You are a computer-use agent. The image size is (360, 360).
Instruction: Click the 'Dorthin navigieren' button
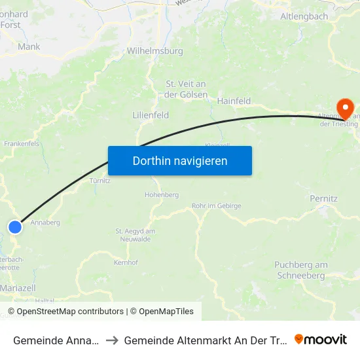pyautogui.click(x=180, y=160)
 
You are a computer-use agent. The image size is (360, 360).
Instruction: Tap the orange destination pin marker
pyautogui.click(x=344, y=107)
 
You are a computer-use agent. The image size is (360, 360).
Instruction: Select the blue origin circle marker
pyautogui.click(x=15, y=226)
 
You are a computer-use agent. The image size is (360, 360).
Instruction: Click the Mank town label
pyautogui.click(x=29, y=47)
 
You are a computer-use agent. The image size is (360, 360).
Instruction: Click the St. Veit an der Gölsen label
pyautogui.click(x=187, y=89)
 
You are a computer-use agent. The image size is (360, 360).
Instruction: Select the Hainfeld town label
pyautogui.click(x=234, y=101)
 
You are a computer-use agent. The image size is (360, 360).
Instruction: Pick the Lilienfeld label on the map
pyautogui.click(x=151, y=115)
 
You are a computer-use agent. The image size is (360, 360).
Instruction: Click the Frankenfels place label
pyautogui.click(x=22, y=143)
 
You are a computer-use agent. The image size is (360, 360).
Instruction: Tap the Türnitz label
pyautogui.click(x=100, y=181)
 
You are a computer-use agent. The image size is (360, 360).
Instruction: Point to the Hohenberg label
pyautogui.click(x=162, y=194)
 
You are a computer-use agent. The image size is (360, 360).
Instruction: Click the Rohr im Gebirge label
pyautogui.click(x=217, y=206)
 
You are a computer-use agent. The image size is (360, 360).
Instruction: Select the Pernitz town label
pyautogui.click(x=323, y=198)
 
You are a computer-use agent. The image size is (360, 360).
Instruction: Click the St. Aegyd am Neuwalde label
pyautogui.click(x=135, y=235)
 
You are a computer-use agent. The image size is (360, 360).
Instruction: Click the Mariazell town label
pyautogui.click(x=18, y=287)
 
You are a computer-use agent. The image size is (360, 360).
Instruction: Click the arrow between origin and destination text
pyautogui.click(x=111, y=340)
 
